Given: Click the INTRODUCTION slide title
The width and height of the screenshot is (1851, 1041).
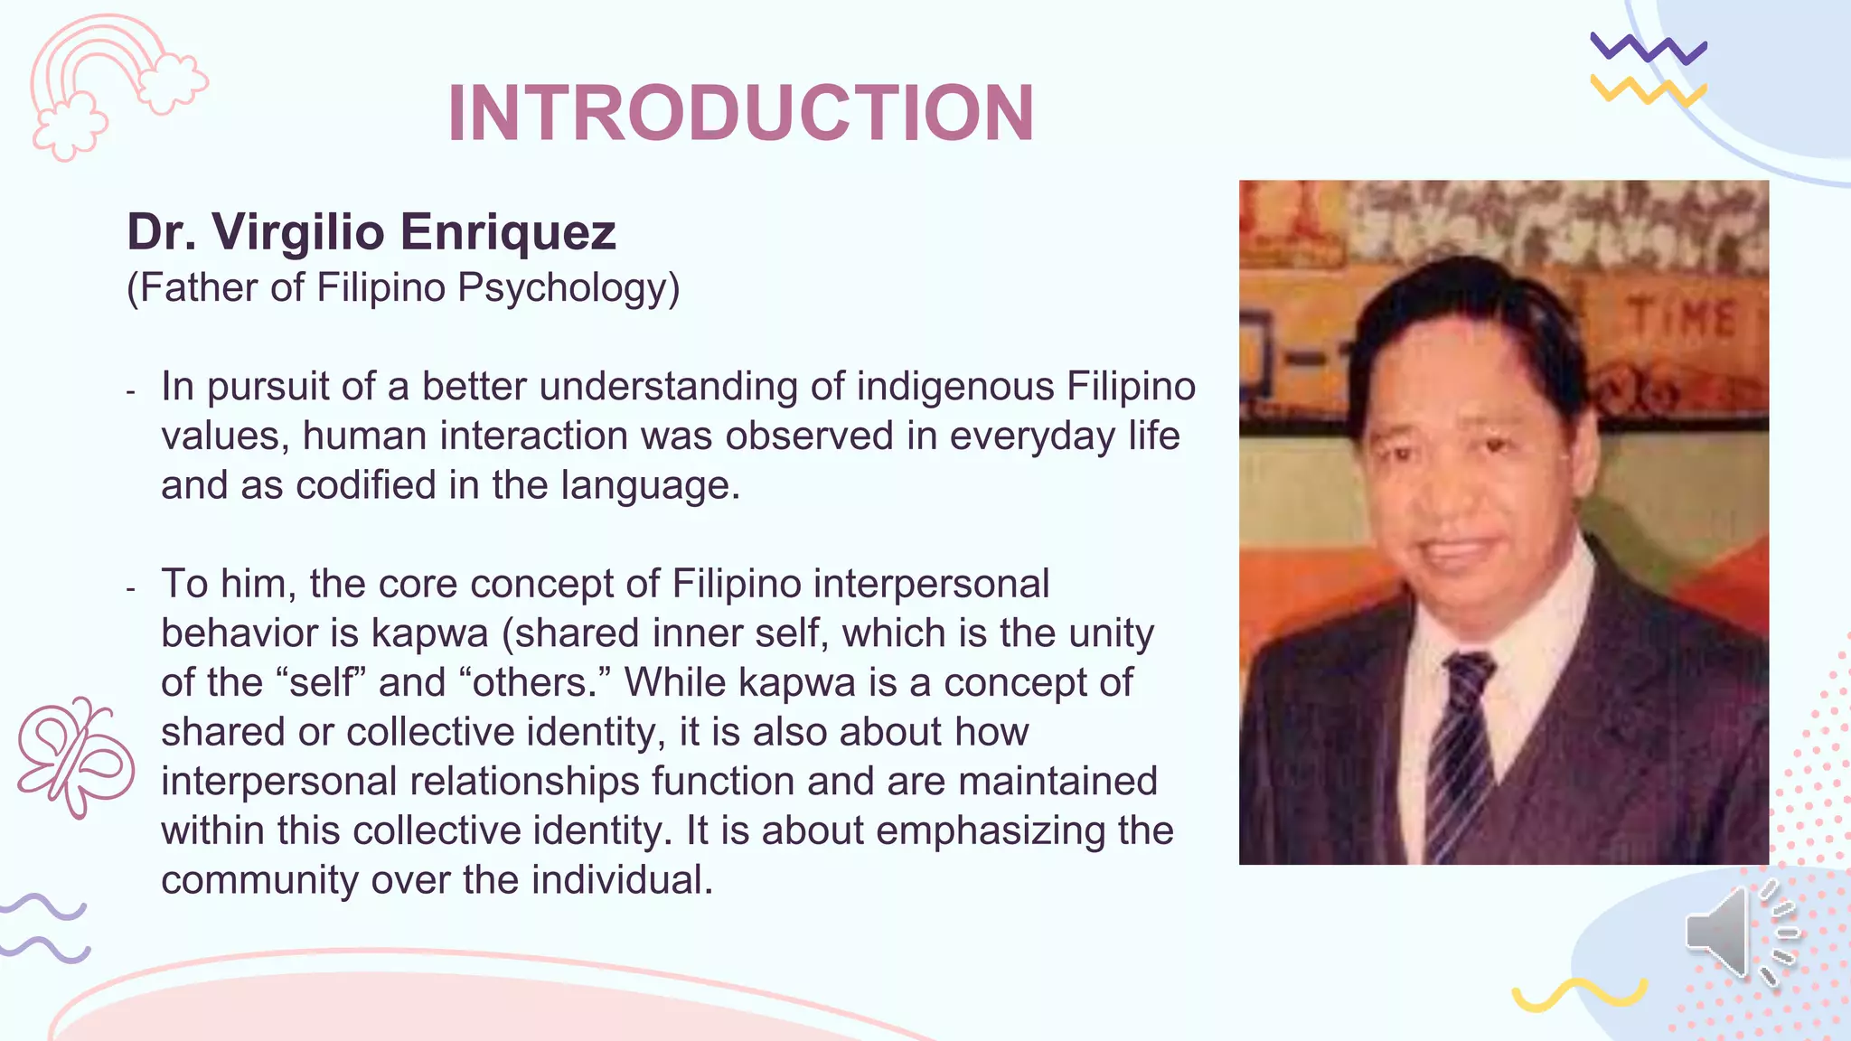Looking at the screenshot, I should click(x=741, y=113).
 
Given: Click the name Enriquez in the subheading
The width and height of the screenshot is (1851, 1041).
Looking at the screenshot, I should click(x=508, y=232).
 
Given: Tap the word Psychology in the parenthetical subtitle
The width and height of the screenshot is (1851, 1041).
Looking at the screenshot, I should click(x=568, y=288).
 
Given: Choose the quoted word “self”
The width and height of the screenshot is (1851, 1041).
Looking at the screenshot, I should click(x=327, y=683).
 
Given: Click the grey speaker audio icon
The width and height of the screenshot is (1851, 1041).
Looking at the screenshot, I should click(x=1740, y=933).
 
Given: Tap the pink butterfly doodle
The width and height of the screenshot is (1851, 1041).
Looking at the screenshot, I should click(x=76, y=756).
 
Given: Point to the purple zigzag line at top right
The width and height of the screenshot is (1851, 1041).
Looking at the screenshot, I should click(x=1648, y=49).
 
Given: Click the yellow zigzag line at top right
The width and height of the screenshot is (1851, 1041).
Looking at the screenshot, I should click(x=1648, y=90).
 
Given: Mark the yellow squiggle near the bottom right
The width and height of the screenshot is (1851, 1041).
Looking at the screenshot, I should click(x=1579, y=994).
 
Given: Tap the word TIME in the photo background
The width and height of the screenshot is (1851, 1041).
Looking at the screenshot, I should click(x=1682, y=318).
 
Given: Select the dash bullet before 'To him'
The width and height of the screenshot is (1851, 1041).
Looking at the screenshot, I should click(x=131, y=589).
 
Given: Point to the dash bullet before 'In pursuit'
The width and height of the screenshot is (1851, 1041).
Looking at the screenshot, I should click(x=131, y=391).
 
